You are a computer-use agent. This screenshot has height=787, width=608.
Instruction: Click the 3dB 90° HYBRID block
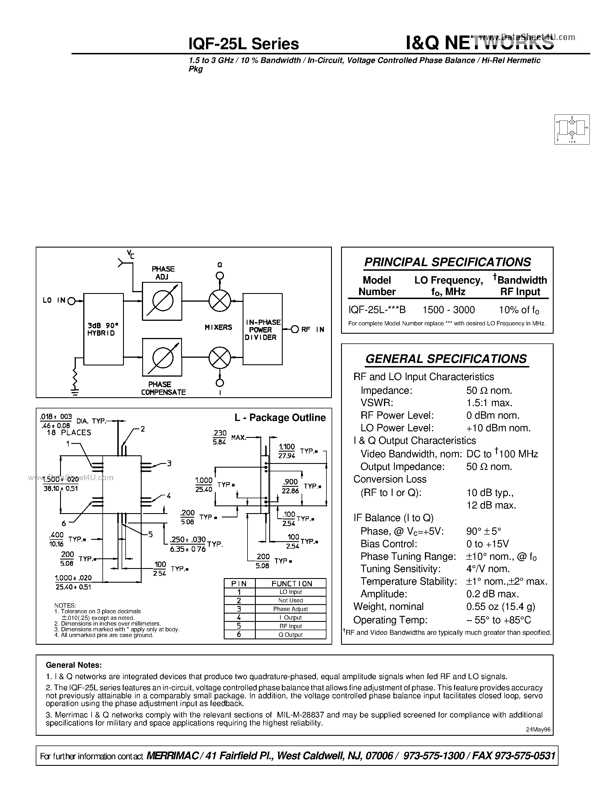pos(103,329)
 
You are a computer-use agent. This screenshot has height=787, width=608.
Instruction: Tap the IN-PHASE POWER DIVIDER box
pos(262,329)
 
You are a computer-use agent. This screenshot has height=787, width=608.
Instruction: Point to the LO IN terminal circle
pos(71,300)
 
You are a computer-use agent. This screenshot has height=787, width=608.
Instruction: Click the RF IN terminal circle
pos(295,329)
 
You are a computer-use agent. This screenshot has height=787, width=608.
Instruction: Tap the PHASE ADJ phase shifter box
pos(162,301)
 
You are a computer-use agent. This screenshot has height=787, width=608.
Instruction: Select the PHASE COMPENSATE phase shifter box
pos(162,357)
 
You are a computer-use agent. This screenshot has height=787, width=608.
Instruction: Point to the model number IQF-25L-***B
pos(377,310)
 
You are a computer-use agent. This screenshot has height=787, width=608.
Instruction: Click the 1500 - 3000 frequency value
pos(448,310)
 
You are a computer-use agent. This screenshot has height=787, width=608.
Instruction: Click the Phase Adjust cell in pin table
pos(290,609)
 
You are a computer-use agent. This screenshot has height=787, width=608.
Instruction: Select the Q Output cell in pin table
pos(290,634)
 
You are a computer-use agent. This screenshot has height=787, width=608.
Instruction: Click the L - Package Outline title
pos(280,417)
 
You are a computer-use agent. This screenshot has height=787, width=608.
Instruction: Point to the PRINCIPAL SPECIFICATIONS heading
pos(447,262)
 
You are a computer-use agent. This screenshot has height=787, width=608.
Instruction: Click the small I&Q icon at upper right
pos(572,129)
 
